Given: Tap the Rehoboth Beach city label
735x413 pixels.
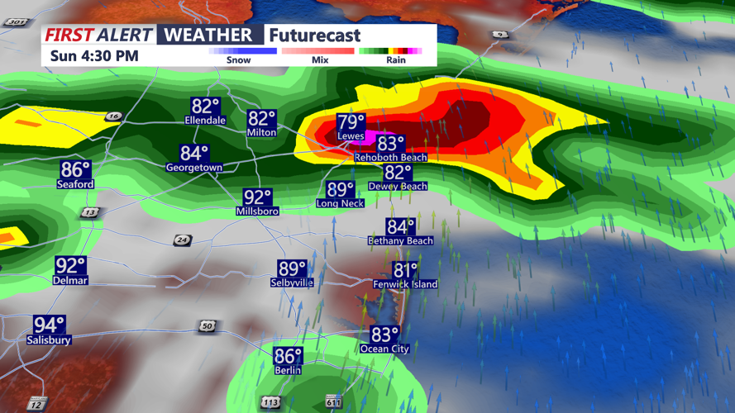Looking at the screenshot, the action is point(390,157).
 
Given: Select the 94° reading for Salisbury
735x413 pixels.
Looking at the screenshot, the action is point(49,325).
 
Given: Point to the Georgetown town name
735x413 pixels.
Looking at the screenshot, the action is point(194,168).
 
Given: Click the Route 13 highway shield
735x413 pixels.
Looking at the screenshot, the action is point(89,212).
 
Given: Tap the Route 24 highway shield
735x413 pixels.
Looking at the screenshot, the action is point(182,240).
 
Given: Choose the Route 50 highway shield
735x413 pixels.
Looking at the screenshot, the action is point(207,327).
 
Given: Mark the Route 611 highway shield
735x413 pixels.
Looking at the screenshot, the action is point(333,402).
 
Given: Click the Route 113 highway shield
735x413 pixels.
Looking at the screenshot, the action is point(270,402).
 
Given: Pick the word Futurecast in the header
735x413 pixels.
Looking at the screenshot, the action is point(315,35).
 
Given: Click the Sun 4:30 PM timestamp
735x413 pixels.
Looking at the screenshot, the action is point(93,56).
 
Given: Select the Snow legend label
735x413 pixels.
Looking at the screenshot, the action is point(238,60).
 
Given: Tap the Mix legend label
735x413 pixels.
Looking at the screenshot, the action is point(320,60).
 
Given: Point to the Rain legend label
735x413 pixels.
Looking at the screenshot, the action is point(395,60).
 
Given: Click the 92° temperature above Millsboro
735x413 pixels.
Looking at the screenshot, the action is point(257,197).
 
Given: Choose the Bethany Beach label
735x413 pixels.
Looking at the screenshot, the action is point(400,241).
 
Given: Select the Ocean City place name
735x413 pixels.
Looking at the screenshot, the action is point(384,349).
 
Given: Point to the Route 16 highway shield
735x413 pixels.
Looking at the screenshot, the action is point(113,117).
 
